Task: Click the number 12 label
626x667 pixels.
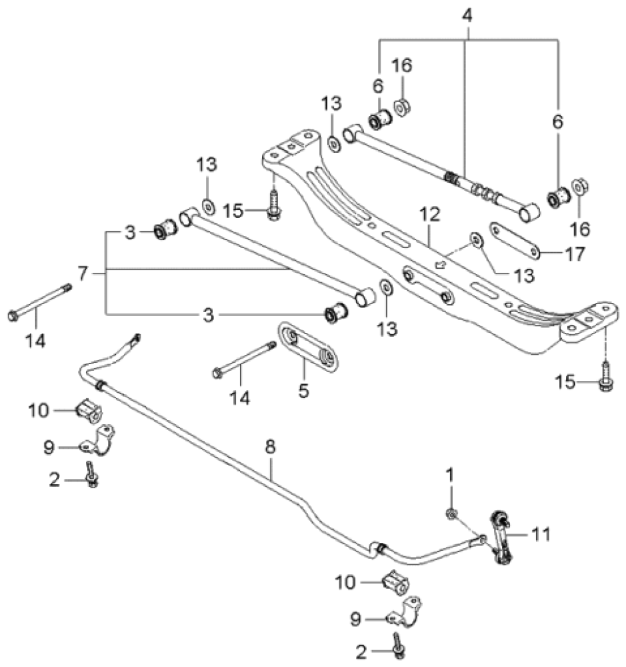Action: (430, 215)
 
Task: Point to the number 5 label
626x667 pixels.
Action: (303, 390)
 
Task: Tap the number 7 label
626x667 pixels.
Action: (82, 273)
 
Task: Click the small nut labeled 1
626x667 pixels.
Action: (452, 513)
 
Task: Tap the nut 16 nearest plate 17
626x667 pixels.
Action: (579, 186)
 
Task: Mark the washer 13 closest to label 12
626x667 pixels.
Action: (476, 239)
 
